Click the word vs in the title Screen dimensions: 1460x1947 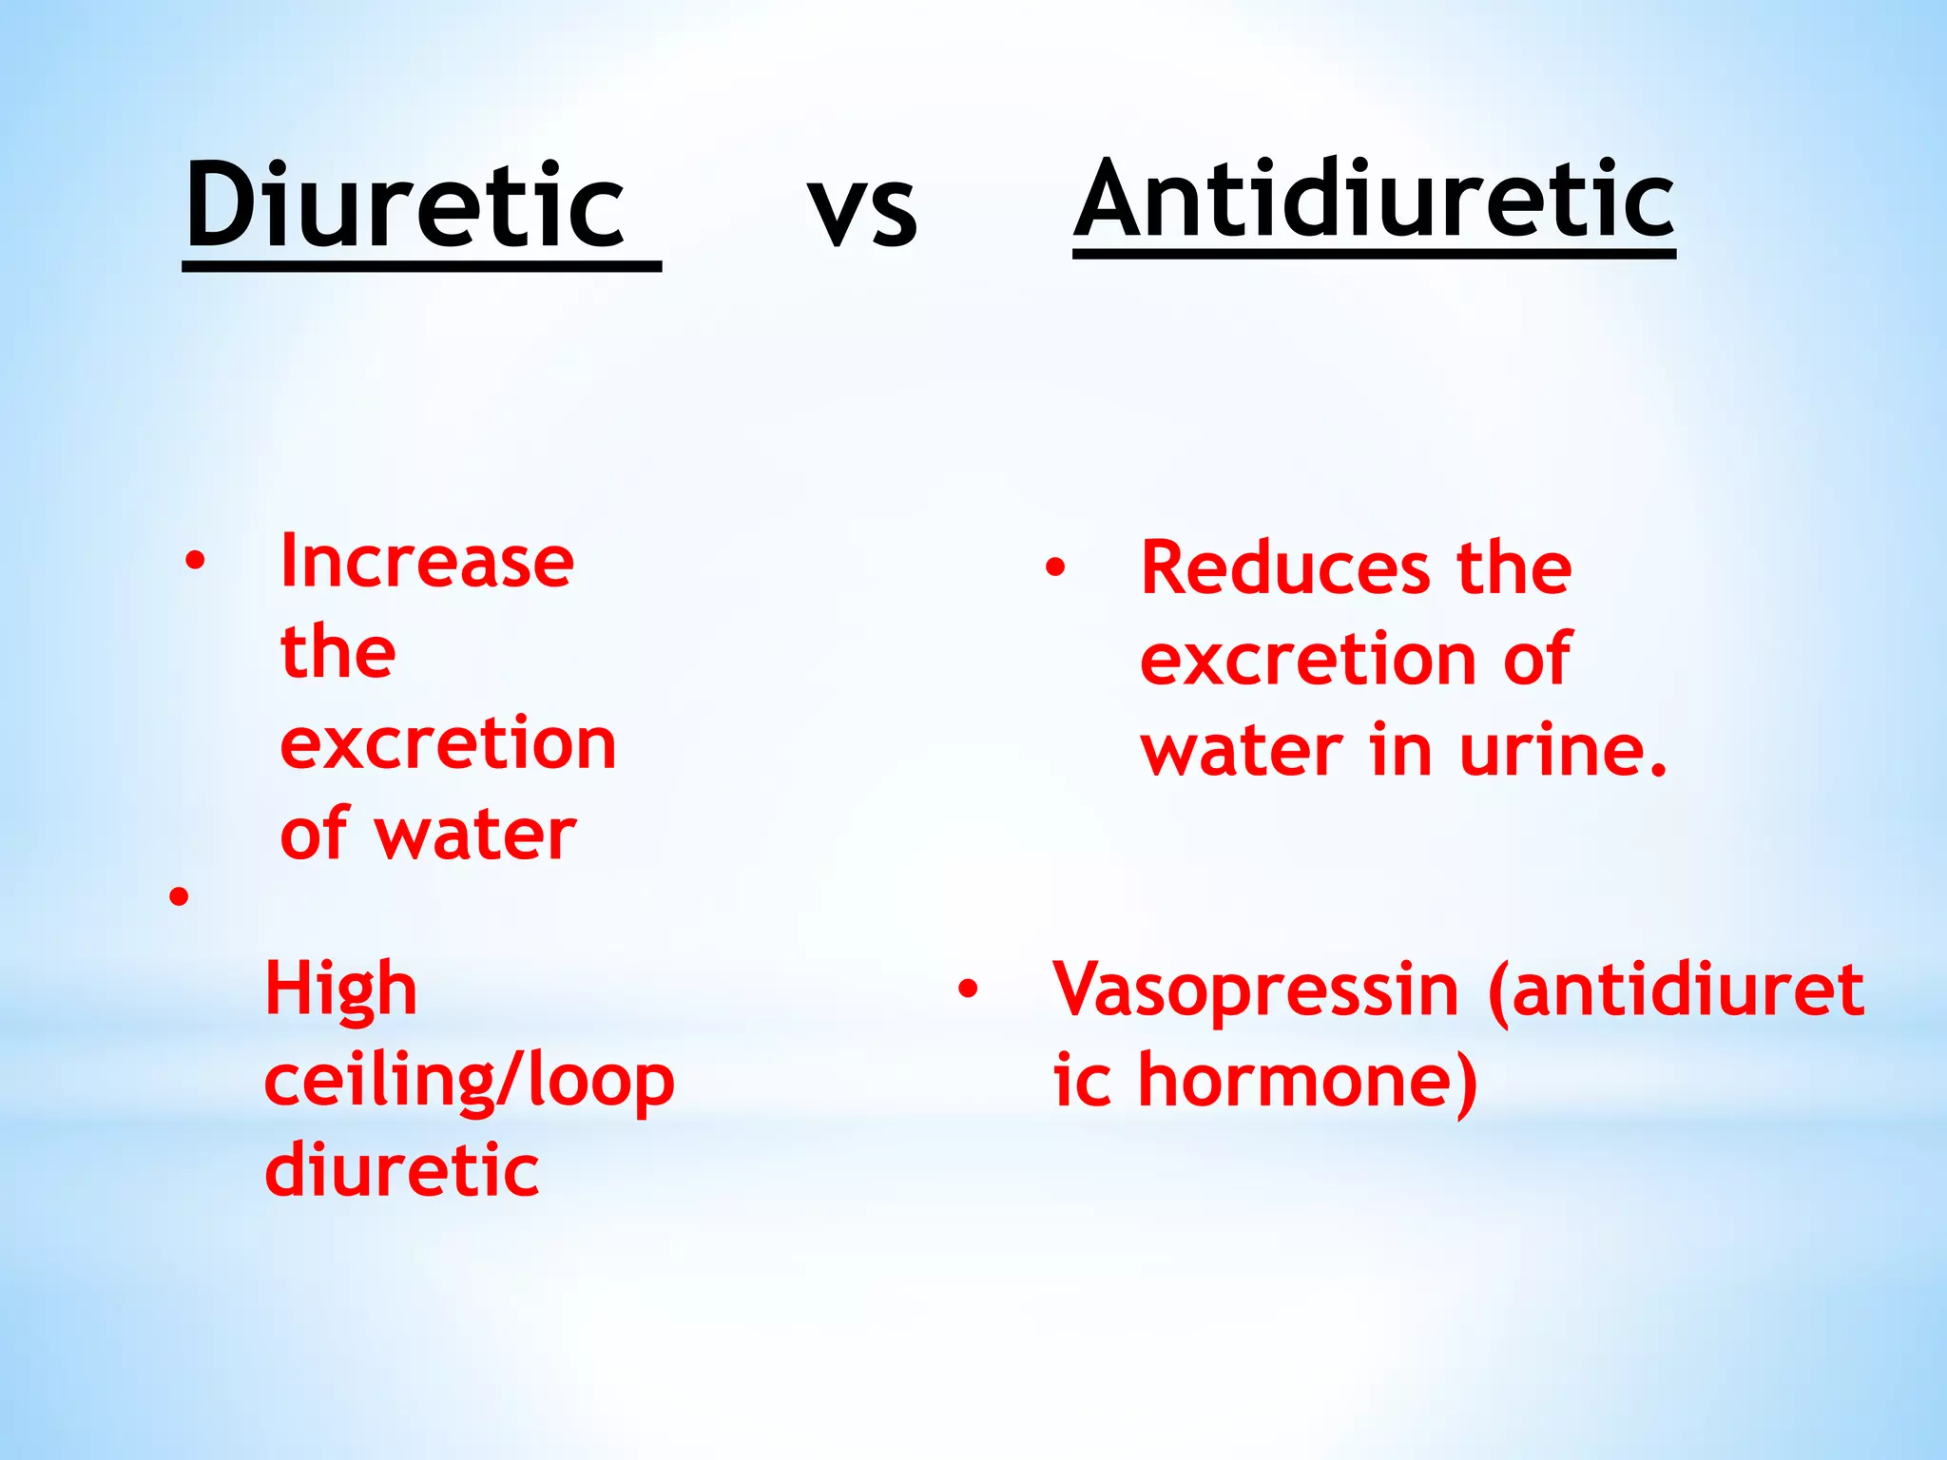(x=862, y=210)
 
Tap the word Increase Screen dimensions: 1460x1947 (x=427, y=562)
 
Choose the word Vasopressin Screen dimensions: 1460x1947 (x=1255, y=989)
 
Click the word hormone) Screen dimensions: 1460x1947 (x=1308, y=1083)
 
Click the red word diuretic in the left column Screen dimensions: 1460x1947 (x=401, y=1171)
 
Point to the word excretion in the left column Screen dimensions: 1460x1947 (x=448, y=743)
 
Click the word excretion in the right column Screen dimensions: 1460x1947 (x=1307, y=659)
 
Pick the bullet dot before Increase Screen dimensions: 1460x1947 (x=195, y=561)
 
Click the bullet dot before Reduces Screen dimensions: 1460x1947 (x=1054, y=567)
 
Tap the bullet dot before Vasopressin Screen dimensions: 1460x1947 (x=968, y=989)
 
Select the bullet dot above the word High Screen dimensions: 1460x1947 (x=179, y=896)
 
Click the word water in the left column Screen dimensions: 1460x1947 (x=475, y=836)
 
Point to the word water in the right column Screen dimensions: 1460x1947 (x=1242, y=751)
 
